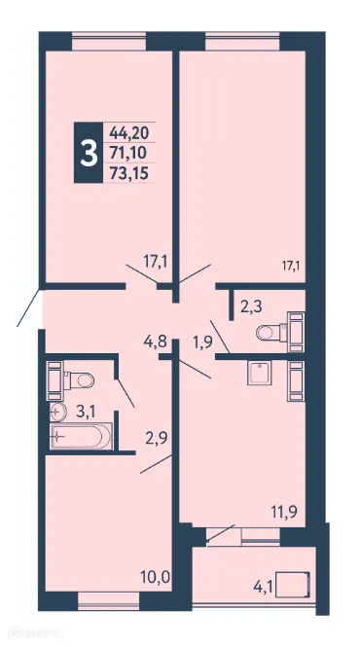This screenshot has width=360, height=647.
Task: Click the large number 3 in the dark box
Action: click(89, 153)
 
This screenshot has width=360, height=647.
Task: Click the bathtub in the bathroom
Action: click(82, 439)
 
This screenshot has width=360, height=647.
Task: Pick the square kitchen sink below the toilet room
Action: click(259, 375)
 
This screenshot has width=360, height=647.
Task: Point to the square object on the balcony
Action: click(295, 585)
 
